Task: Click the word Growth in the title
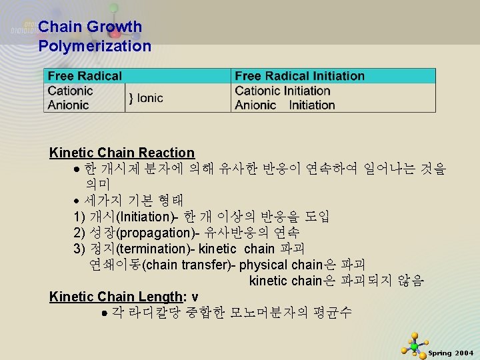pyautogui.click(x=114, y=27)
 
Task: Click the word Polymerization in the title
pyautogui.click(x=95, y=46)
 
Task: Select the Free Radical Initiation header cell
pyautogui.click(x=299, y=76)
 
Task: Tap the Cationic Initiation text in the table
pyautogui.click(x=282, y=91)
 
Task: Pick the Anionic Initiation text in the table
pyautogui.click(x=285, y=105)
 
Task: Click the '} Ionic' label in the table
pyautogui.click(x=145, y=98)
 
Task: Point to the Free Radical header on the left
pyautogui.click(x=85, y=76)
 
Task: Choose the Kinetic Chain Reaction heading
pyautogui.click(x=121, y=153)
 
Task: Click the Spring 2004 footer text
pyautogui.click(x=451, y=353)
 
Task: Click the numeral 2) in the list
pyautogui.click(x=80, y=233)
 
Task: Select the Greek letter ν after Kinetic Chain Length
pyautogui.click(x=195, y=297)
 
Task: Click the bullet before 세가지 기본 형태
pyautogui.click(x=77, y=201)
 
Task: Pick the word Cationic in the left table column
pyautogui.click(x=70, y=91)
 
